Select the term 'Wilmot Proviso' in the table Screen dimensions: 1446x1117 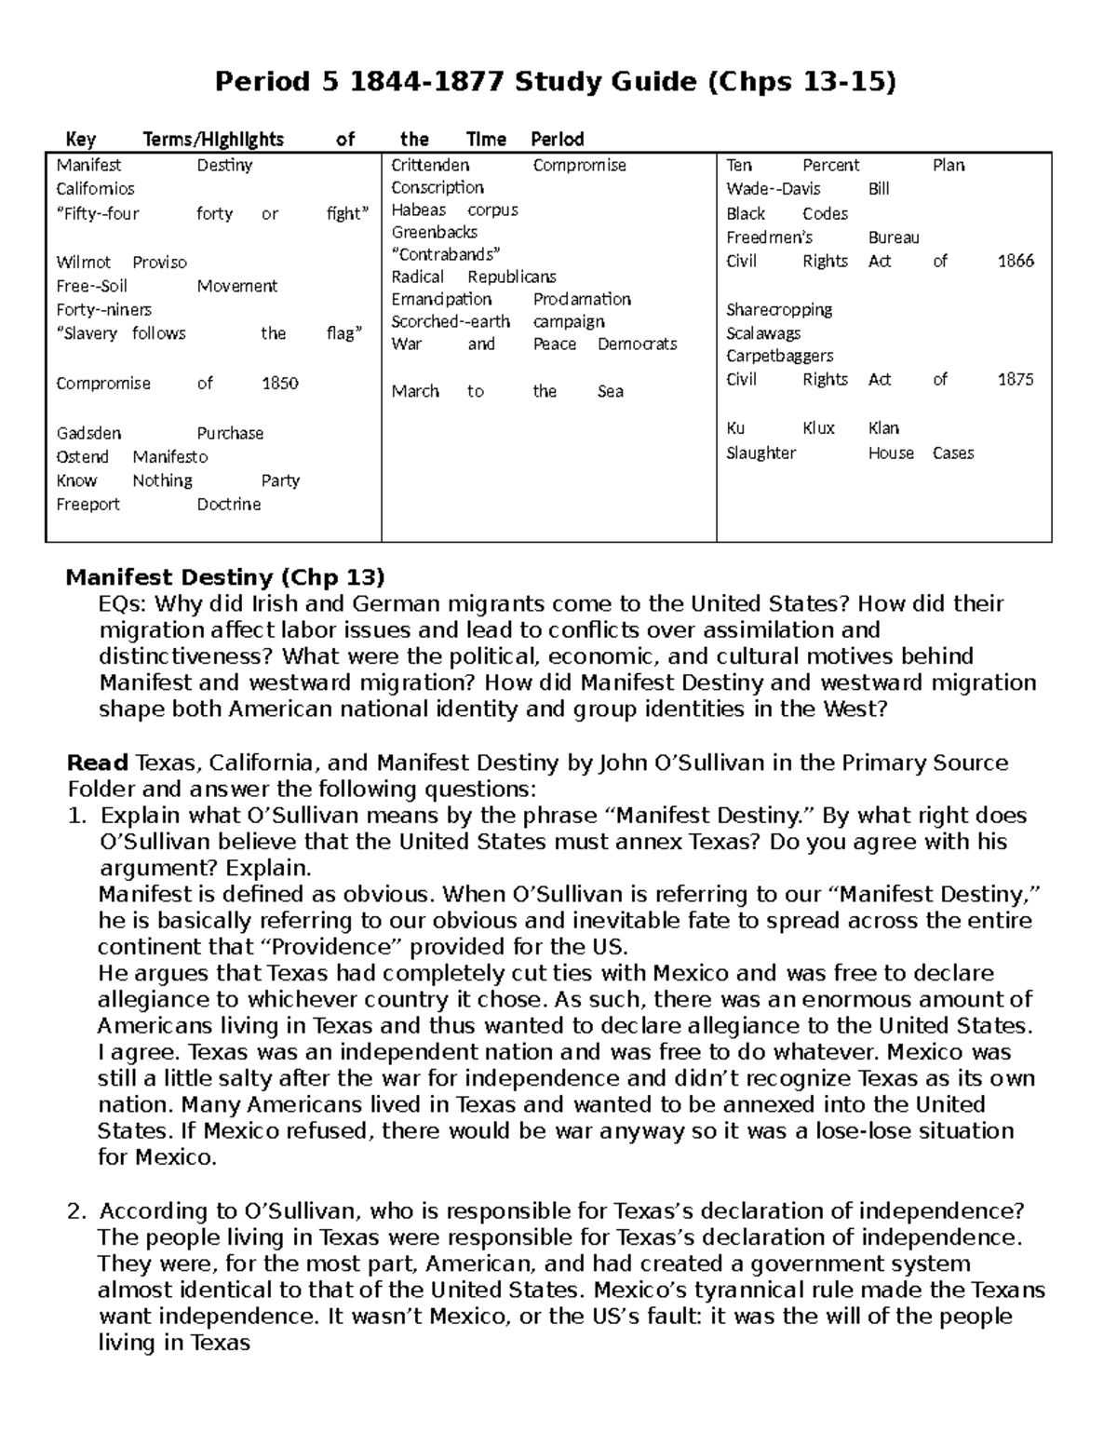click(x=121, y=263)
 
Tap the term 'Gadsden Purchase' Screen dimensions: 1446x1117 click(x=159, y=434)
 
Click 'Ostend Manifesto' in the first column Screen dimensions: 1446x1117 click(x=131, y=457)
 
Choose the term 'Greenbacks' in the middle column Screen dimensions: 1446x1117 click(x=434, y=233)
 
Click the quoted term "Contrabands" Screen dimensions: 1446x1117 click(x=446, y=254)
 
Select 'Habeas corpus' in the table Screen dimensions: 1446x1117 click(x=454, y=210)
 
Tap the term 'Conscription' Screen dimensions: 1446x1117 click(x=437, y=188)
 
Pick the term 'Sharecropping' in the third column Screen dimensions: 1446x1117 click(x=779, y=310)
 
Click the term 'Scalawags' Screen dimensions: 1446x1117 click(x=763, y=333)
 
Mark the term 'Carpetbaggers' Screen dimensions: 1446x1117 click(x=779, y=357)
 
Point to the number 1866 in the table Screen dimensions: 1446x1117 click(x=1016, y=262)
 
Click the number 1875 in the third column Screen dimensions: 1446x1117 click(x=1016, y=380)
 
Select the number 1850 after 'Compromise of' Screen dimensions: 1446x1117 click(x=279, y=384)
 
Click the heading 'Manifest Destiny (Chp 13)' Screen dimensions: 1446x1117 click(x=224, y=577)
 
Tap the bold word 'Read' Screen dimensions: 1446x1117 click(x=98, y=764)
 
